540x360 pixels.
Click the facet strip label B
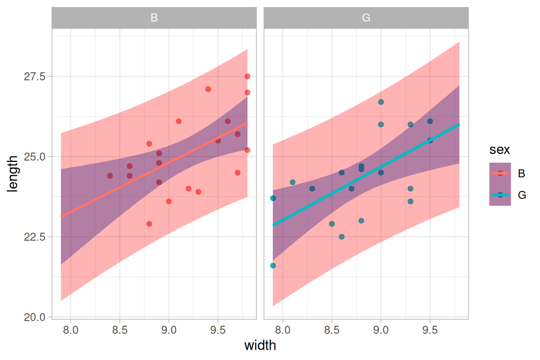coord(154,18)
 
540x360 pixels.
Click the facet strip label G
coord(366,18)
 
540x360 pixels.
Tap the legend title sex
coord(500,150)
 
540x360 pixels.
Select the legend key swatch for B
coord(500,173)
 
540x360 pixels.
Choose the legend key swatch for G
coord(500,195)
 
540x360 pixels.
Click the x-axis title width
coord(260,346)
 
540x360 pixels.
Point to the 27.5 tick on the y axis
coord(35,76)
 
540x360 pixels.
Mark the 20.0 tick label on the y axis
coord(35,317)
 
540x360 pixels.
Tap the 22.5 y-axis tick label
coord(35,237)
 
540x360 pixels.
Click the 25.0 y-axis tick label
coord(35,157)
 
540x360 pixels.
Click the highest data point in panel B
coord(247,76)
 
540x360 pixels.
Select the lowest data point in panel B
coord(149,224)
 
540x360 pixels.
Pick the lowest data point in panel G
coord(273,266)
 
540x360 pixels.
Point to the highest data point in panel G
coord(381,102)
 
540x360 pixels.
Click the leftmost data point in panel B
coord(110,176)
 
